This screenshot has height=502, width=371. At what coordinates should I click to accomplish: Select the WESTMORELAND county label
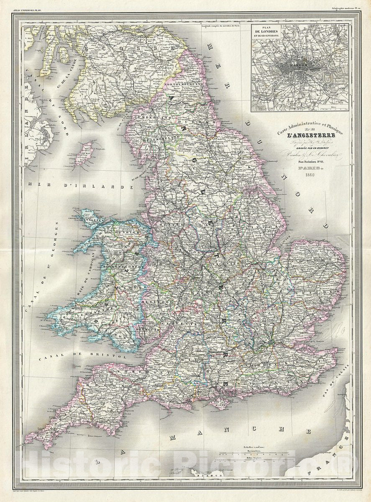tap(159, 137)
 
